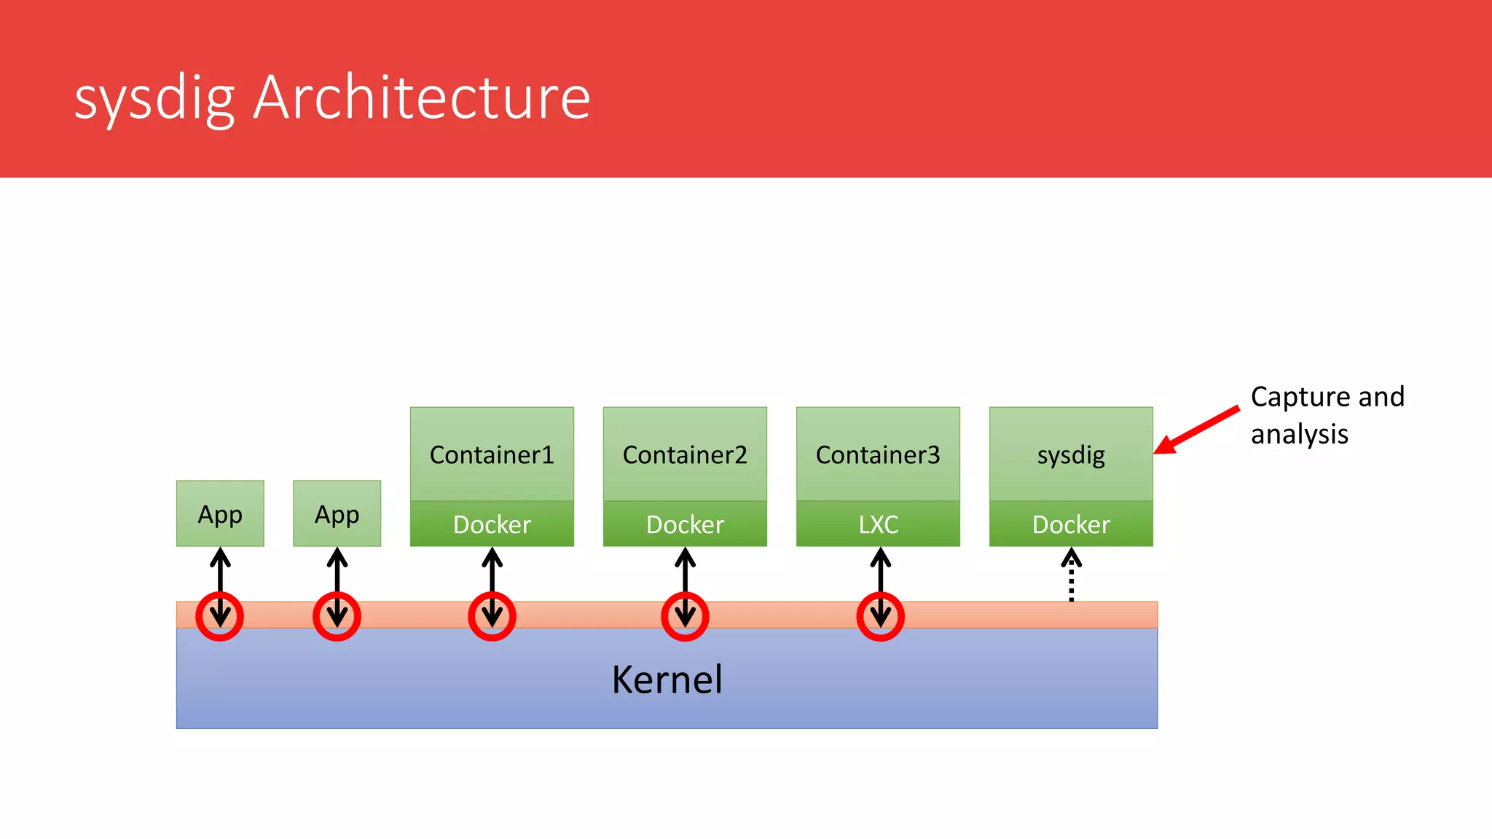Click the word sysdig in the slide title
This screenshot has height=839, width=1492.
click(154, 99)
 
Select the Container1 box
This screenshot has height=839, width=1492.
click(492, 454)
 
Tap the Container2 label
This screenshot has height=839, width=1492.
click(685, 454)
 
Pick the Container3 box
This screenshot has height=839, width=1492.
click(878, 454)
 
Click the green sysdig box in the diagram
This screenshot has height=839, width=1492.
click(1071, 454)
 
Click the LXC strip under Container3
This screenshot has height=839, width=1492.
click(878, 524)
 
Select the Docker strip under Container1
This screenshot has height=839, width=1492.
click(492, 524)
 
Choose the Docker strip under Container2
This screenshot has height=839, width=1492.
click(685, 524)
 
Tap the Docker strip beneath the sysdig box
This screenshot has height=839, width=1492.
click(1071, 524)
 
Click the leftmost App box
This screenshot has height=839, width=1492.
click(220, 513)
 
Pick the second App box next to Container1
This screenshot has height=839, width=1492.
click(337, 513)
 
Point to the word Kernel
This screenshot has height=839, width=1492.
click(667, 680)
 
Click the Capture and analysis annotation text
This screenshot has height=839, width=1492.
click(1326, 415)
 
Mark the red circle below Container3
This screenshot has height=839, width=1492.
click(880, 616)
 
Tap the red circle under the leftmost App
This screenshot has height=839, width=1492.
click(220, 616)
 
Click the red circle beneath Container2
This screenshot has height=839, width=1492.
click(685, 616)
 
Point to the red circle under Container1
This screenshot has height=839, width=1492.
click(492, 616)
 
